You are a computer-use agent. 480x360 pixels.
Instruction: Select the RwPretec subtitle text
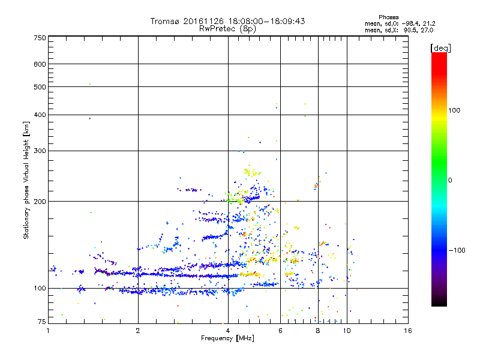(x=218, y=28)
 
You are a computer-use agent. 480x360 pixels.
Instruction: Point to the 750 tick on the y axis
(x=40, y=38)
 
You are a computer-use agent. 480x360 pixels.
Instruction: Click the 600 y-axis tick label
(x=40, y=64)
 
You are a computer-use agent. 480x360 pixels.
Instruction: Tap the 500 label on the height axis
(x=40, y=87)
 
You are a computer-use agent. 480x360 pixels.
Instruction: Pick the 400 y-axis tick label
(x=40, y=115)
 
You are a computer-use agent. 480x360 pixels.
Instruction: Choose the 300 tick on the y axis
(x=40, y=151)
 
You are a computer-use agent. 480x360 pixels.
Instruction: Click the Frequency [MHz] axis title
(x=227, y=339)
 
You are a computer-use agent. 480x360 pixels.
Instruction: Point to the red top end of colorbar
(x=439, y=56)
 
